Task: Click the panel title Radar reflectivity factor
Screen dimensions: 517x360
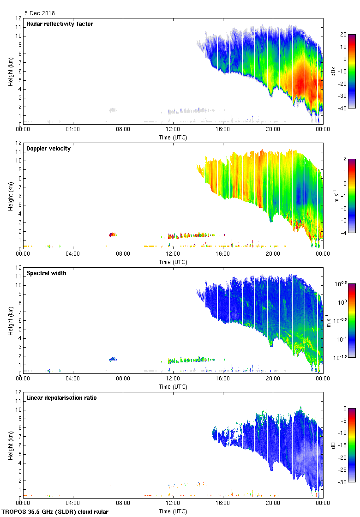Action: (x=60, y=24)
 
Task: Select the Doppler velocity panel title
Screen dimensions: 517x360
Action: (x=48, y=149)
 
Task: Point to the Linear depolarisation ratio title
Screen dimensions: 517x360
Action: (x=61, y=398)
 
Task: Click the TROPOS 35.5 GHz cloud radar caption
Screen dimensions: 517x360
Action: (x=55, y=512)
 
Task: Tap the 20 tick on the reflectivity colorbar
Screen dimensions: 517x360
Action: (x=343, y=35)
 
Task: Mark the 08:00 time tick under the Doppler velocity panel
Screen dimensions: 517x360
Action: (x=123, y=253)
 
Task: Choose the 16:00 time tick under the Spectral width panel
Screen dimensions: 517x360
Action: (x=222, y=378)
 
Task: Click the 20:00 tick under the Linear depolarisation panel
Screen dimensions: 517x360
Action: (x=273, y=503)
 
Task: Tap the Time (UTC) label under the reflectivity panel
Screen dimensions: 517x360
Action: (x=173, y=138)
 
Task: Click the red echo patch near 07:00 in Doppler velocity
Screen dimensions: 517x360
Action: (x=112, y=234)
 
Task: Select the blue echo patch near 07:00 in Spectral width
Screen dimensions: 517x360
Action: (x=113, y=359)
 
